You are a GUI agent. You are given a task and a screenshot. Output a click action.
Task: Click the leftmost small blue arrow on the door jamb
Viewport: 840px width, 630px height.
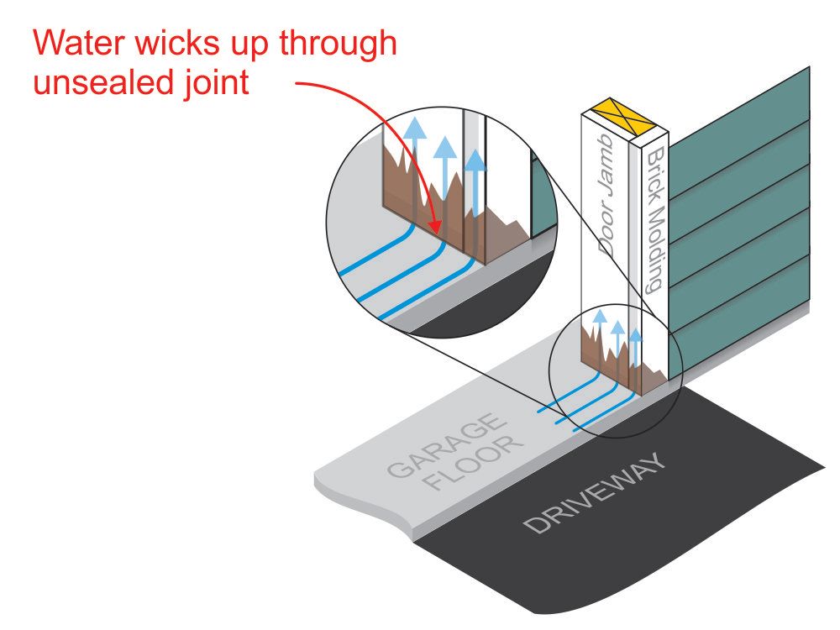tap(600, 318)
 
